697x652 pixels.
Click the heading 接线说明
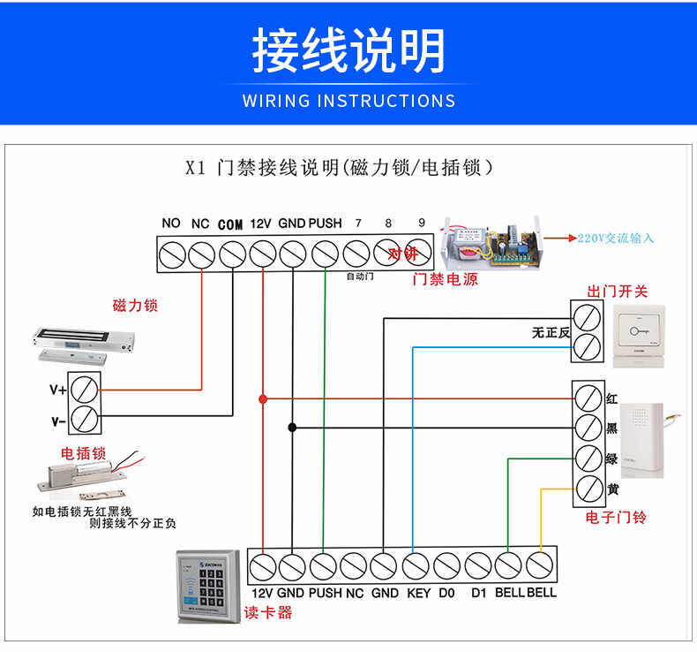point(348,50)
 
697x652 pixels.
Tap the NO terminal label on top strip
point(171,224)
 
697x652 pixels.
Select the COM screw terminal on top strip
point(232,254)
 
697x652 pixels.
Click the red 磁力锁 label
point(135,306)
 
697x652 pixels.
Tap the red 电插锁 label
point(83,453)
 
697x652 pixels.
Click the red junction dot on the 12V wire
point(263,399)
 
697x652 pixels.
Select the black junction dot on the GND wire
point(292,428)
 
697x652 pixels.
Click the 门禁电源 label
point(446,279)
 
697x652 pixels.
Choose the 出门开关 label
point(618,292)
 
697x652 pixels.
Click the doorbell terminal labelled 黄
point(588,488)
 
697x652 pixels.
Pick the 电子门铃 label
point(616,517)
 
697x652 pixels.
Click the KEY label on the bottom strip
point(418,593)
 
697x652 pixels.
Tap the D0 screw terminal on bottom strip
point(447,565)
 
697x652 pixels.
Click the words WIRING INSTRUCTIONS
point(348,100)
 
